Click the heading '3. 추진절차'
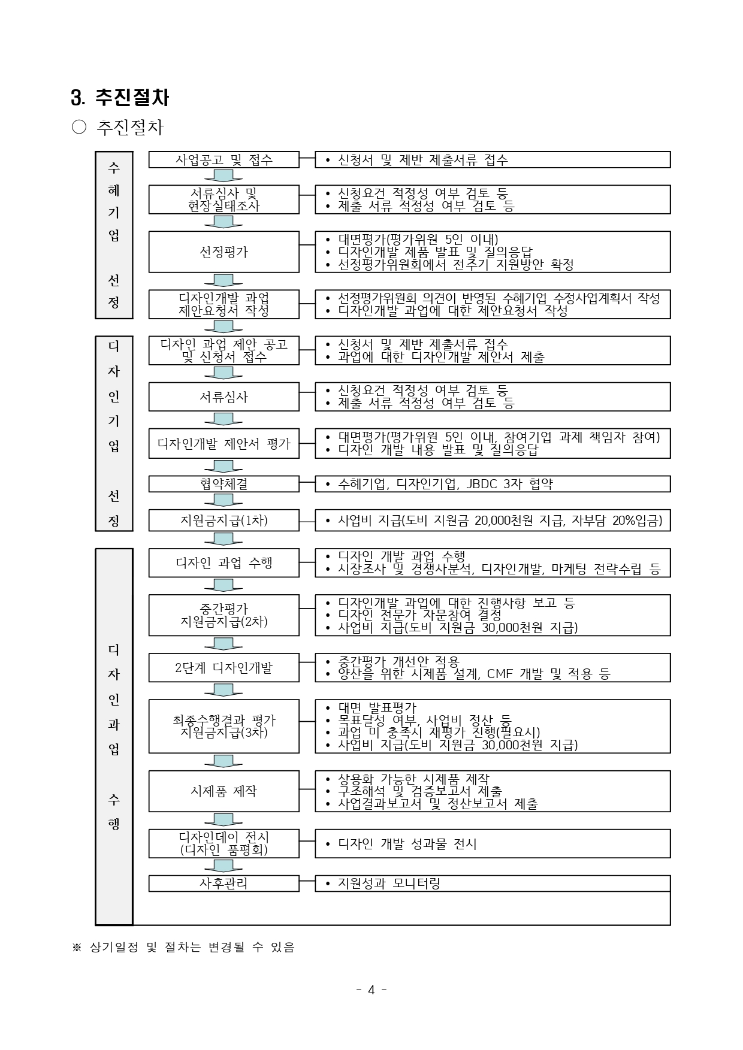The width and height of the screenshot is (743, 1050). (120, 97)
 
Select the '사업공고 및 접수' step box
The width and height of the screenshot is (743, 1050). (223, 160)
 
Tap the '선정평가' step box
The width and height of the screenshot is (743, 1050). (223, 252)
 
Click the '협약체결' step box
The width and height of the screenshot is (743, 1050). (223, 484)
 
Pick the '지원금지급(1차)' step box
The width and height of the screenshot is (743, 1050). (223, 521)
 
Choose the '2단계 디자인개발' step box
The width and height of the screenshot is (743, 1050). (223, 668)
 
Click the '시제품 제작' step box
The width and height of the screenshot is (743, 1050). (223, 791)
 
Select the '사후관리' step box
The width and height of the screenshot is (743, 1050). (223, 883)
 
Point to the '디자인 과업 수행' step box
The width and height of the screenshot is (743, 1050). (223, 563)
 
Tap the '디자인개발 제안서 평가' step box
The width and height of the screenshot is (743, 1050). (223, 444)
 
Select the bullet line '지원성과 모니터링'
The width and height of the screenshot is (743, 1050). (389, 883)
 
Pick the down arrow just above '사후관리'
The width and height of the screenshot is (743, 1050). (223, 866)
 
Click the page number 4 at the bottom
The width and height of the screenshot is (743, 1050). (371, 990)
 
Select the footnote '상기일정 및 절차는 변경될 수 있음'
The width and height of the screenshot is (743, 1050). (192, 948)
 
